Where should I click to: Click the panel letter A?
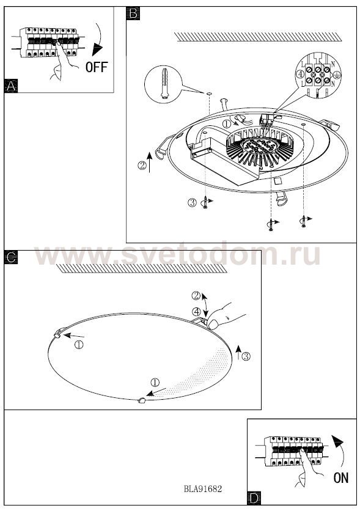(11, 86)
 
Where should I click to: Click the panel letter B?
(133, 13)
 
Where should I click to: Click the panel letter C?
(11, 257)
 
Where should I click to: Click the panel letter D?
(254, 499)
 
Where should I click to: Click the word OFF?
(97, 67)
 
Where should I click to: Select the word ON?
(341, 478)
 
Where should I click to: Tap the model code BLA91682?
(203, 489)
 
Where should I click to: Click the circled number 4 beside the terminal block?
(301, 75)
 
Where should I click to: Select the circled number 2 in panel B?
(142, 166)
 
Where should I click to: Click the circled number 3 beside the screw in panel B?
(192, 202)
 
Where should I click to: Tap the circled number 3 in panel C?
(246, 356)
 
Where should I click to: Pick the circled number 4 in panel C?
(196, 312)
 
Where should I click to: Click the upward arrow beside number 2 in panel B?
(150, 162)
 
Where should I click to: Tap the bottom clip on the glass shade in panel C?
(142, 400)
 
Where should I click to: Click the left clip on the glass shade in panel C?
(57, 334)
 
